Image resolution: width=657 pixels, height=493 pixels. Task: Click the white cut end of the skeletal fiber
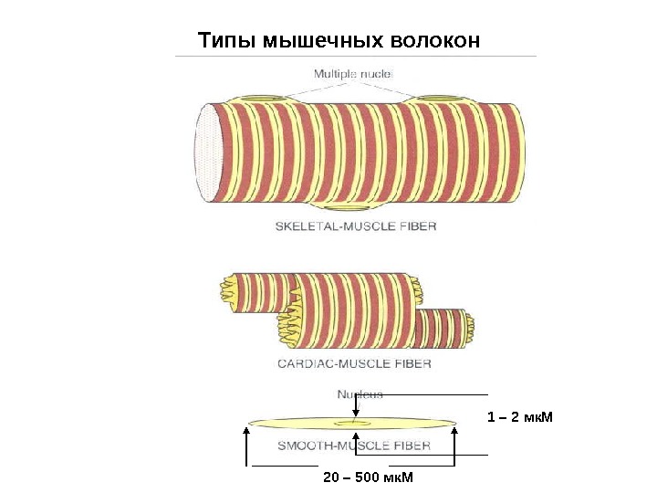pyautogui.click(x=208, y=152)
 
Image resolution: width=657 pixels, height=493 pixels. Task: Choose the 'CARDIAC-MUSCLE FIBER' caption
pyautogui.click(x=354, y=362)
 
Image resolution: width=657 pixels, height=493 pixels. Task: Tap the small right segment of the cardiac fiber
pyautogui.click(x=443, y=327)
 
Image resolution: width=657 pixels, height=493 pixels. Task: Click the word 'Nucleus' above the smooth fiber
pyautogui.click(x=360, y=394)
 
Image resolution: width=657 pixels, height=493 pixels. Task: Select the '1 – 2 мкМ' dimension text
pyautogui.click(x=520, y=417)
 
